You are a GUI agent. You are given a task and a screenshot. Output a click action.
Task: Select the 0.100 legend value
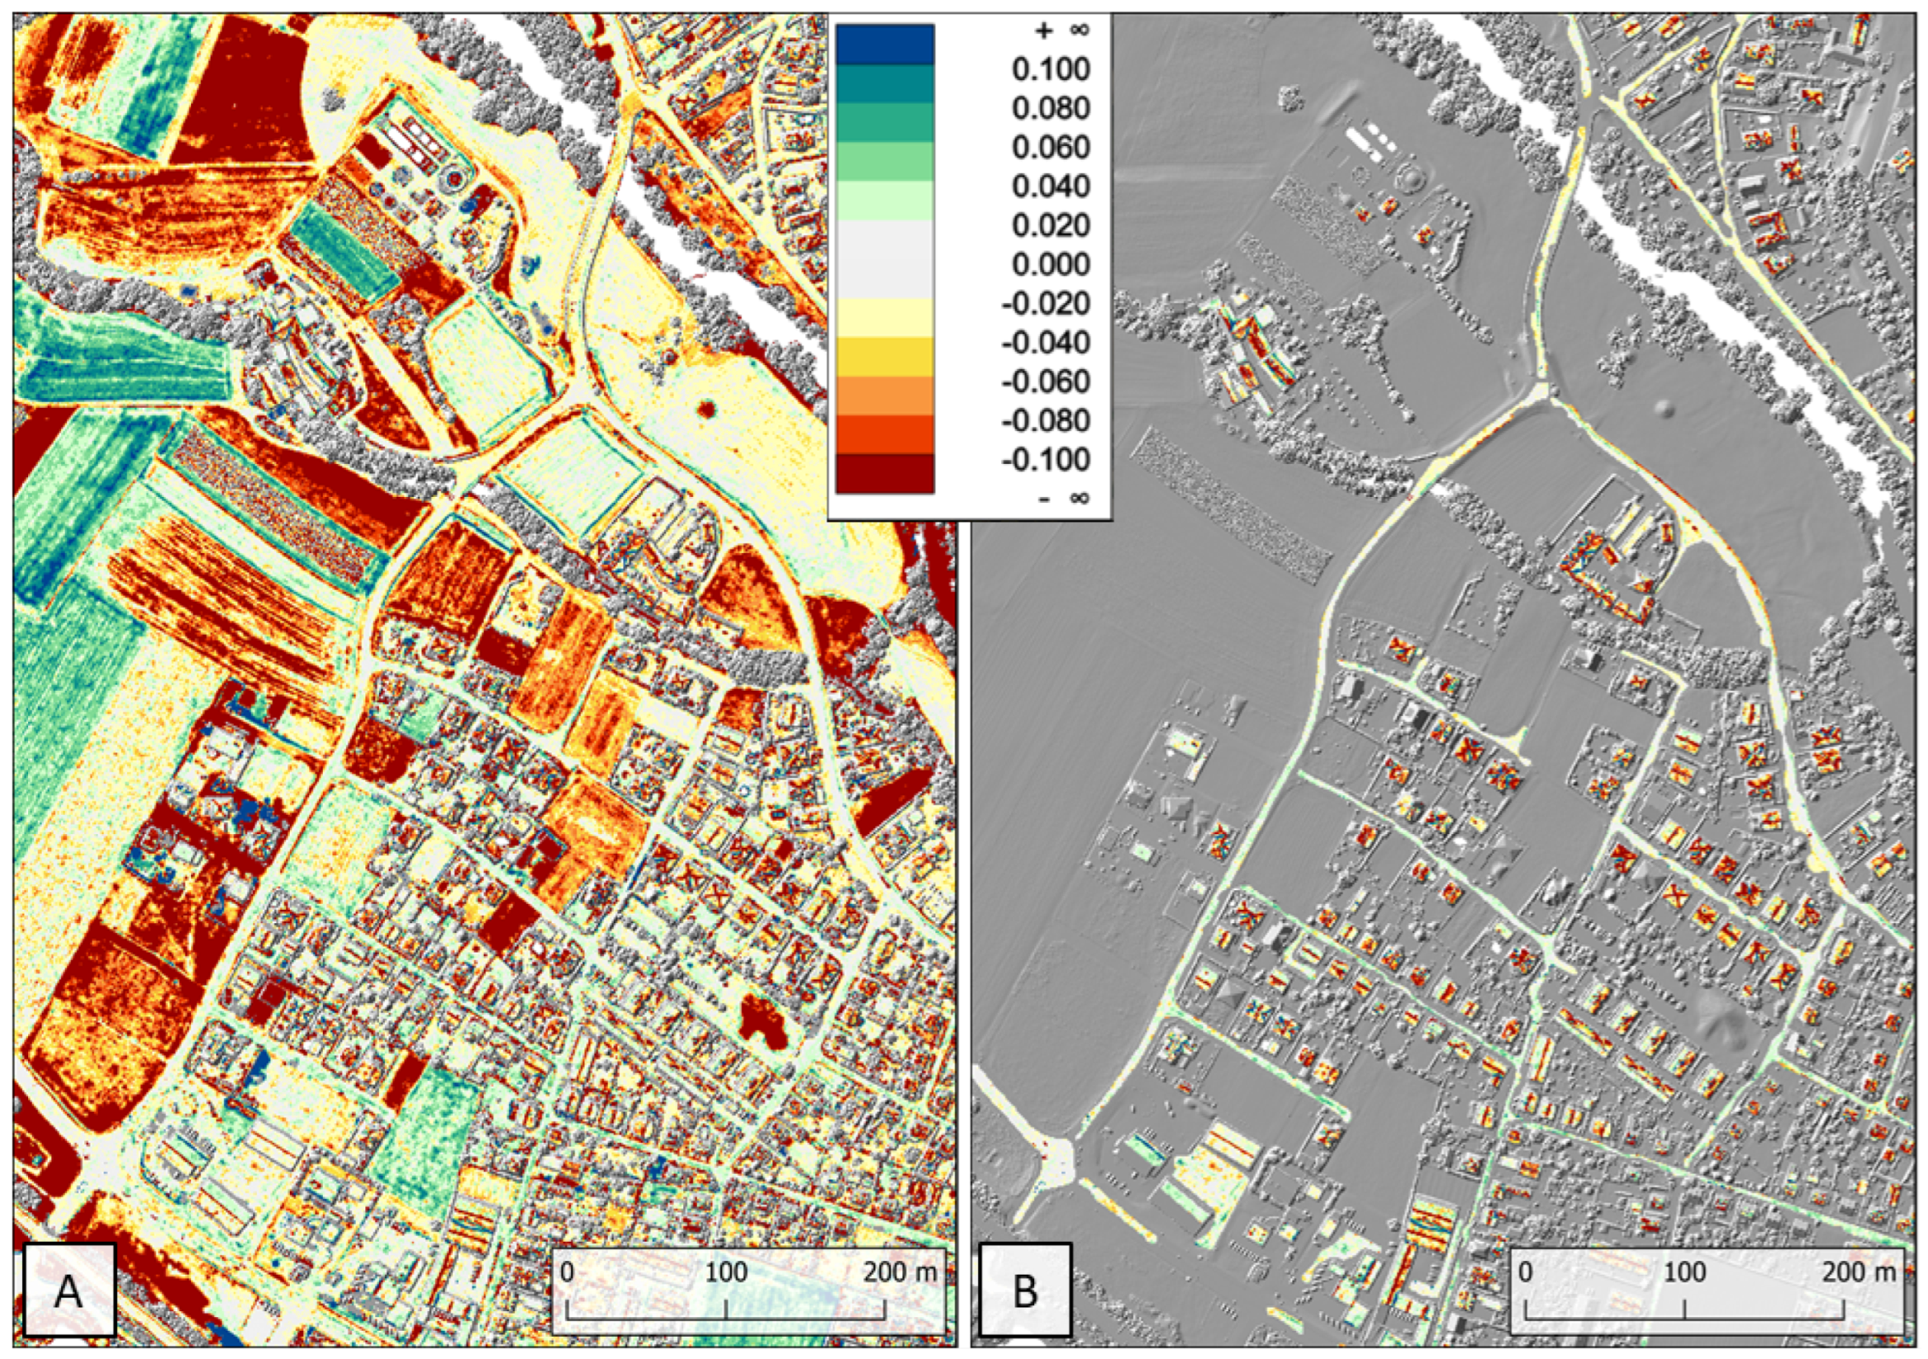[x=1051, y=69]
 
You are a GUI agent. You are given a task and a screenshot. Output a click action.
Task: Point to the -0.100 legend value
[x=1046, y=460]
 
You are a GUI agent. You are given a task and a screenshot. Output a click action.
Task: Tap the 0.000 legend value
[x=1051, y=265]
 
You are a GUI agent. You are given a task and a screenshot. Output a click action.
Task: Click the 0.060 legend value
[x=1051, y=148]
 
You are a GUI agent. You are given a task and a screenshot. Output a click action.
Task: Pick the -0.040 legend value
[x=1046, y=343]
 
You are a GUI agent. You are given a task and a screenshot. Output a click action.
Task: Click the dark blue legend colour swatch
[x=884, y=45]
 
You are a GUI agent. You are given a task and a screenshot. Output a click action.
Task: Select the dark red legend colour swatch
[x=884, y=473]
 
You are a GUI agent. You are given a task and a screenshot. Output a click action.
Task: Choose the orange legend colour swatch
[x=884, y=395]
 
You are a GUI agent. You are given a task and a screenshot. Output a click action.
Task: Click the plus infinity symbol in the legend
[x=1061, y=31]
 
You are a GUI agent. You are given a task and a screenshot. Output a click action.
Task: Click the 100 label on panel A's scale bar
[x=725, y=1271]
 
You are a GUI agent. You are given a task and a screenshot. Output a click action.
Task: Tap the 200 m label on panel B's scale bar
[x=1860, y=1271]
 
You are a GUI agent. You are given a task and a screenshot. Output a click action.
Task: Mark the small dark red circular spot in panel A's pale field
[x=705, y=409]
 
